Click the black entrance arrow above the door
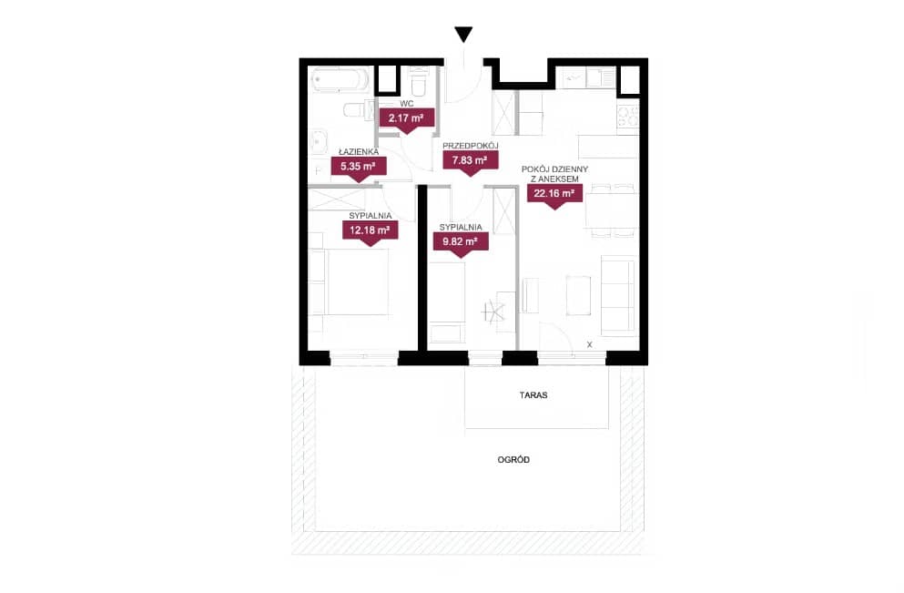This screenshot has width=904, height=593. [463, 34]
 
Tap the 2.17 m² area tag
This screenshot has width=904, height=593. [406, 120]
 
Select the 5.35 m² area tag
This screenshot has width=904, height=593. [359, 169]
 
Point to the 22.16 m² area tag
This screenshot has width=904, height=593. [554, 196]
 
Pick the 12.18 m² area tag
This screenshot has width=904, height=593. [371, 232]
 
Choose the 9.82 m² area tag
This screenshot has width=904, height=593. [461, 244]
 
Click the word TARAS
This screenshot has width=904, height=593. [533, 395]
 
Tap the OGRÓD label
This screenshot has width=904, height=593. [513, 460]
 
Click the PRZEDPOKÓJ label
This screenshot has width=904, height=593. [470, 146]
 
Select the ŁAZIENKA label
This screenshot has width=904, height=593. [359, 152]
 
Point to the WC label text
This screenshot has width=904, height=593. [406, 104]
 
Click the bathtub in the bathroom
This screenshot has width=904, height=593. [340, 79]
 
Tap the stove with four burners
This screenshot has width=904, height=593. [628, 117]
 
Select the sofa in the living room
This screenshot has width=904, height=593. [618, 296]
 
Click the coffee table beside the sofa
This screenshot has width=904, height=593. [578, 295]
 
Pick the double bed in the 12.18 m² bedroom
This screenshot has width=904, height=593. [355, 282]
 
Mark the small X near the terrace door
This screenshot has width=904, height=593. [589, 344]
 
